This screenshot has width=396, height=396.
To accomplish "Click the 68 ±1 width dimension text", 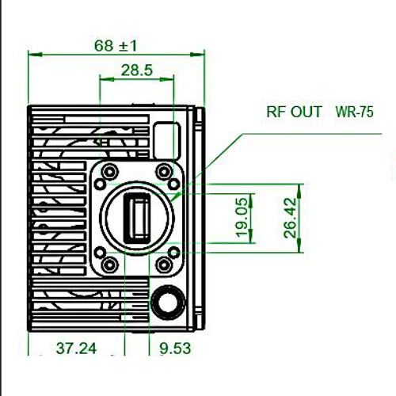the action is coord(116,46).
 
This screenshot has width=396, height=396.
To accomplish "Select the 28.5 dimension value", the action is coord(137,70).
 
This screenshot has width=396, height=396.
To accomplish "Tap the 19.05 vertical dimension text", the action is coord(242,218).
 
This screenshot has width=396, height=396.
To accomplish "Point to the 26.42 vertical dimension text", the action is coord(290,218).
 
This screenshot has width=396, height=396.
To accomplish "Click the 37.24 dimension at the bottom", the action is coord(76,348).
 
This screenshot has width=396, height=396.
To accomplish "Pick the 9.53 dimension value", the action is coord(175,348).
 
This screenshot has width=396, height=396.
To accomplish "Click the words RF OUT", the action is coord(294,112).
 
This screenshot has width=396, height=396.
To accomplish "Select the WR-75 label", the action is coord(354,112).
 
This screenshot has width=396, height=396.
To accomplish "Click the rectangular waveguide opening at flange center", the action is coord(137,219).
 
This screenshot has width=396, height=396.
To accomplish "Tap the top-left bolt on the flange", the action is coord(109,172).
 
